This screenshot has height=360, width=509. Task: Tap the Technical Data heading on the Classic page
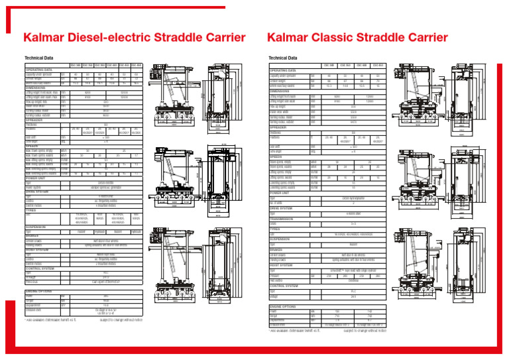tap(283, 58)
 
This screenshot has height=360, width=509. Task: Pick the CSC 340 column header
tap(328, 65)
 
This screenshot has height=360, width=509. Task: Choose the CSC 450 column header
tap(378, 65)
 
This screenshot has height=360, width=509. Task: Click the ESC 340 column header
tap(76, 65)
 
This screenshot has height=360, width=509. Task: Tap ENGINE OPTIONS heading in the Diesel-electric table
tap(39, 291)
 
